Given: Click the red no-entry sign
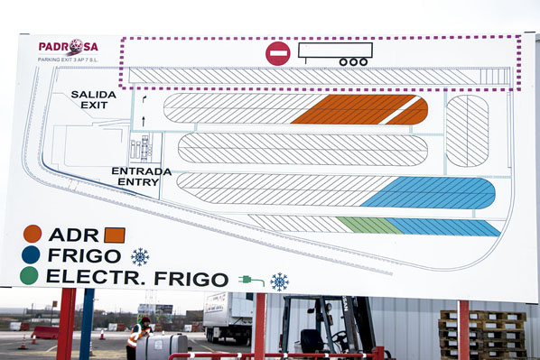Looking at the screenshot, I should [278, 53].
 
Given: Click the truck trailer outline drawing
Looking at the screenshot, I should [335, 53].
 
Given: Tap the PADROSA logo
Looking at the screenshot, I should [67, 46].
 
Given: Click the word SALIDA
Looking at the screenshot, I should [94, 94].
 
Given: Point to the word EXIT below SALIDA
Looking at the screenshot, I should [94, 105].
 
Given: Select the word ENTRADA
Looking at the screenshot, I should [141, 171].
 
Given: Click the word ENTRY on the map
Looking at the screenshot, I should [138, 181].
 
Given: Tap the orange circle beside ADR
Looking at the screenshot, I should [33, 234].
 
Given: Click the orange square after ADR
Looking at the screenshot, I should [115, 235].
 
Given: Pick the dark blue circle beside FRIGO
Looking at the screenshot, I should [32, 255].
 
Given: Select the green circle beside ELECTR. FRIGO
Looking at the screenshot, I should [30, 275].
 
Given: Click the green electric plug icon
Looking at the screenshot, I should [251, 281].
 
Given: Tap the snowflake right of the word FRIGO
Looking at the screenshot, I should [140, 256].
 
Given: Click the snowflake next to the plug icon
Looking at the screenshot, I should [280, 282].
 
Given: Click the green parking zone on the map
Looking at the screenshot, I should [368, 225].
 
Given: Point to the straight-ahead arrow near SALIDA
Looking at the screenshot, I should [143, 118].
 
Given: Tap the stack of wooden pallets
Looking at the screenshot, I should [482, 334].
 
